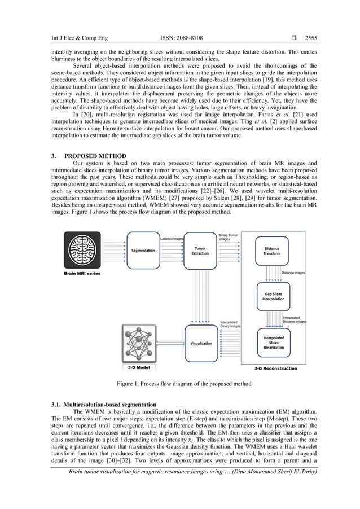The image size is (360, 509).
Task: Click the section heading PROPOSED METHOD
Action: click(x=95, y=156)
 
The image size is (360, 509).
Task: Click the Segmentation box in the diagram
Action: click(x=143, y=251)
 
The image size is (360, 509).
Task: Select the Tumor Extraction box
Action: click(x=200, y=251)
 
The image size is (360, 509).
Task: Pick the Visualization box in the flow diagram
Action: click(x=201, y=343)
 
